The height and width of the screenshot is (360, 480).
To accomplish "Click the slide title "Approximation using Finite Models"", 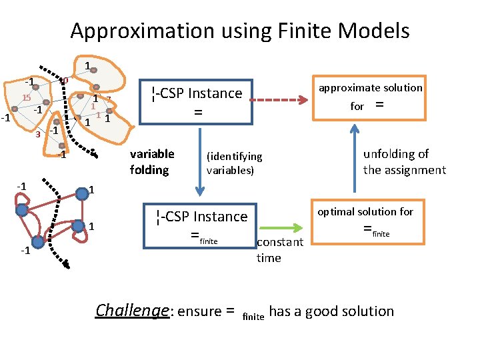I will point(239,31).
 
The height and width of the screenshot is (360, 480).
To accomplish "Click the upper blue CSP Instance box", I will point(196,102).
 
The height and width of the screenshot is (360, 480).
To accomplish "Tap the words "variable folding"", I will point(152,162).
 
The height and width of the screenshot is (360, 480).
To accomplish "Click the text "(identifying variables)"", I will point(235,163).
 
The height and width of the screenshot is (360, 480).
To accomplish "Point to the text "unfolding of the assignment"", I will point(404,162).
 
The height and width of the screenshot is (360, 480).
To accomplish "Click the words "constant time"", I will point(279,249).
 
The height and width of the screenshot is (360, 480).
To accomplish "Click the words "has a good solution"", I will point(331,311).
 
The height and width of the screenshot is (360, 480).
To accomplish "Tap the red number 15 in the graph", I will point(27,98).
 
